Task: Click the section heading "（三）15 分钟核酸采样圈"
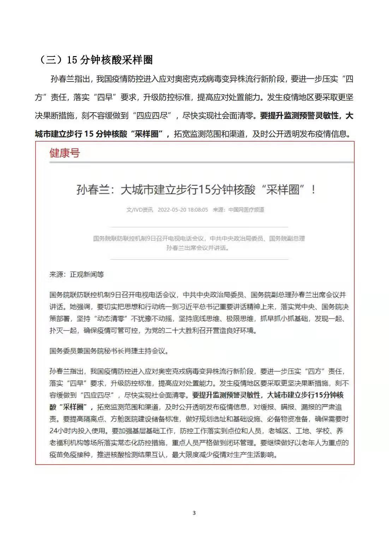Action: (x=95, y=60)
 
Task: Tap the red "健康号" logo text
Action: (x=65, y=153)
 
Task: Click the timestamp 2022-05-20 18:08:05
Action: (x=182, y=210)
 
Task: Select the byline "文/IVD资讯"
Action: (x=140, y=210)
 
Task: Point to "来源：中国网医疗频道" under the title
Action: (x=238, y=210)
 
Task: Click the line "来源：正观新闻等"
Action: (x=77, y=274)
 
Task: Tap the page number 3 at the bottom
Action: (x=194, y=513)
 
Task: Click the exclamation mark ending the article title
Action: (x=313, y=190)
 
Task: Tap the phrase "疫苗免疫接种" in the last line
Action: (x=70, y=455)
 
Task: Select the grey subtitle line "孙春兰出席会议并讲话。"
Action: (x=198, y=248)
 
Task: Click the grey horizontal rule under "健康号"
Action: (x=201, y=163)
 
